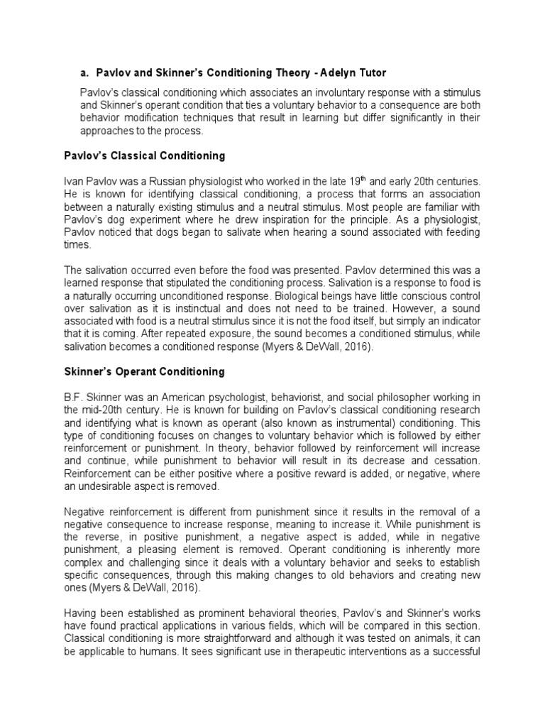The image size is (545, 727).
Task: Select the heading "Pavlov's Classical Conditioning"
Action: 145,155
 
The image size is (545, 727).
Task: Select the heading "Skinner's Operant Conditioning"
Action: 144,371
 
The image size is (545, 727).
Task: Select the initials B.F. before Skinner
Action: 73,398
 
